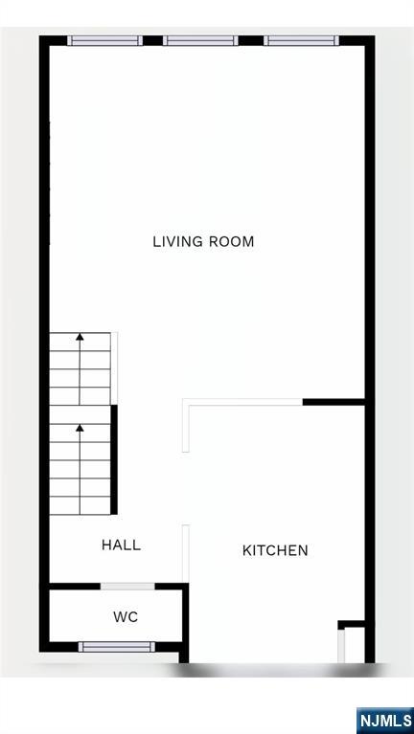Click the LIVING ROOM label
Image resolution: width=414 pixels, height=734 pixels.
203,241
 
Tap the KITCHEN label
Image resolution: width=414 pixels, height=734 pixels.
275,550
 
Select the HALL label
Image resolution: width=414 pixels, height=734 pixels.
121,545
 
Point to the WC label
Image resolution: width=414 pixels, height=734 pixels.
126,617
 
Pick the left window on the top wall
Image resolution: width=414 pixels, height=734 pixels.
104,40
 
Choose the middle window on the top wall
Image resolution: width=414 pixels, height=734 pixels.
200,40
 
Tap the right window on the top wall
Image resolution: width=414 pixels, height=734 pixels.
302,40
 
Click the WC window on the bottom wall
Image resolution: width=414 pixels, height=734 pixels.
116,647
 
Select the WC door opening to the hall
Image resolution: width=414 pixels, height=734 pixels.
127,586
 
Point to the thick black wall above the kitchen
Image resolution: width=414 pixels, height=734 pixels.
333,402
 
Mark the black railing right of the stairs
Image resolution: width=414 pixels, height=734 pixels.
114,459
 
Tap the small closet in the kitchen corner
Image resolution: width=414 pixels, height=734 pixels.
353,643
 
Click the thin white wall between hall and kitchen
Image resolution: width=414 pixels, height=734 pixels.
186,553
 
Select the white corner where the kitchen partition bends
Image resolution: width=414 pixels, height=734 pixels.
186,404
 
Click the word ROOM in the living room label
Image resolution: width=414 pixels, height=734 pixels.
234,241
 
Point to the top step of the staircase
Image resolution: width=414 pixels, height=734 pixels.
80,342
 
